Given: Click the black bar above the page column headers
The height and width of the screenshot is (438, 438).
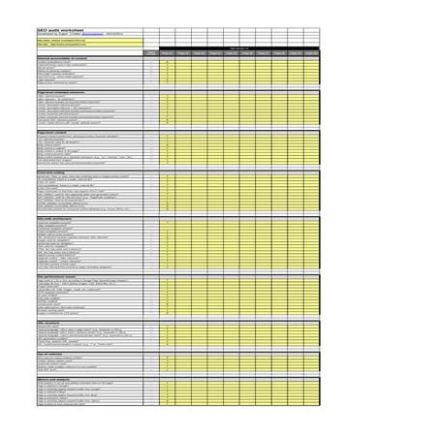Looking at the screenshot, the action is pos(238,47).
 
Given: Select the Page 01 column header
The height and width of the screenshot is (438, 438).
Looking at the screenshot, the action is pos(167,52).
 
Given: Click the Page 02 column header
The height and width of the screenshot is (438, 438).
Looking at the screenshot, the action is pos(183,52).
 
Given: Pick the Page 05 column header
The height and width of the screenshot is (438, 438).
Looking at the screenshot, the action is pos(231,52).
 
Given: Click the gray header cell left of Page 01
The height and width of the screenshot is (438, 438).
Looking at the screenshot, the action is pos(150,52).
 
